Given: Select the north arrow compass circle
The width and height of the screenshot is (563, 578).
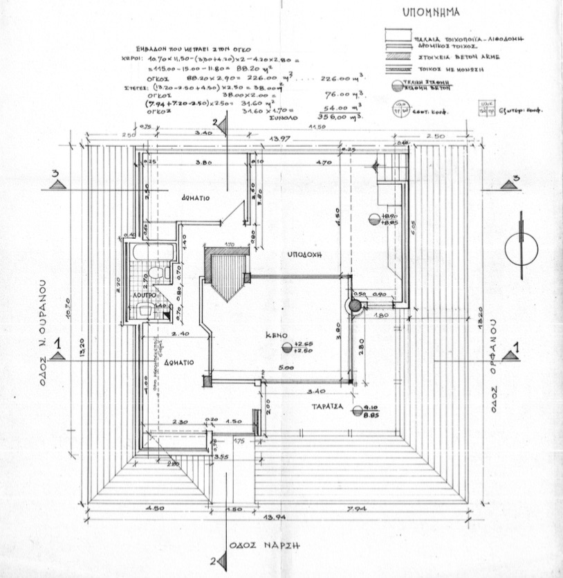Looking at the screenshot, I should (x=522, y=249).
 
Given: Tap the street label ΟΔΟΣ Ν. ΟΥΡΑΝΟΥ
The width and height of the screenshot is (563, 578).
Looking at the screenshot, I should (x=42, y=325).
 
